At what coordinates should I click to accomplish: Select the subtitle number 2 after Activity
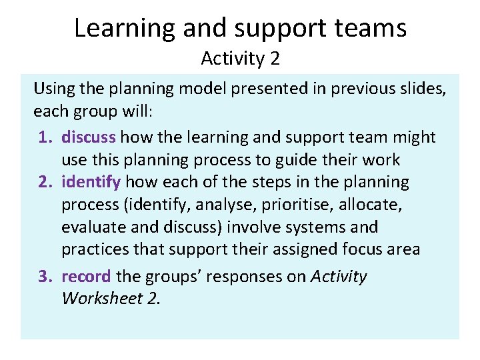pos(275,59)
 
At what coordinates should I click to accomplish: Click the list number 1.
pos(45,137)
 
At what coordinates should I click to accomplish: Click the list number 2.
pos(45,182)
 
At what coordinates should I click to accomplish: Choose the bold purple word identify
pos(91,182)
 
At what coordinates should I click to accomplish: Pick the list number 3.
pos(45,276)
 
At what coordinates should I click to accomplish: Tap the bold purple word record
pos(87,276)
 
